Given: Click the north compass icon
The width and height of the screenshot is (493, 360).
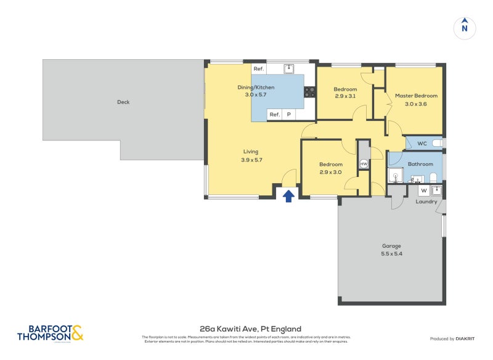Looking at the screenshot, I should (x=465, y=28).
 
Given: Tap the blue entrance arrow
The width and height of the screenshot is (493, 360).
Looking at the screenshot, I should (x=288, y=196).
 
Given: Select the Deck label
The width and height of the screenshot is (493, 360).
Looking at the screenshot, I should (x=123, y=102).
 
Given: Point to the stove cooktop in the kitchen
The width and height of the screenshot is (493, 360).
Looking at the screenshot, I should (x=310, y=92).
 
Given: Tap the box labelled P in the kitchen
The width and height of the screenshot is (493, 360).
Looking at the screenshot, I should (x=288, y=115).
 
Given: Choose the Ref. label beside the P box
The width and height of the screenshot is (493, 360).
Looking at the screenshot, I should (x=274, y=115).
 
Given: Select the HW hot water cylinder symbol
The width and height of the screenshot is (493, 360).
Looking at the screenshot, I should (x=364, y=164).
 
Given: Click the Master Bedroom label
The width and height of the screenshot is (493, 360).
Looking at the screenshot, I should (x=416, y=96).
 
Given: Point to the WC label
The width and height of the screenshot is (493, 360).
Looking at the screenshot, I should (x=422, y=144).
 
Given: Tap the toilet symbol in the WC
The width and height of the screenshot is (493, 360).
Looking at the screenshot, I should (x=436, y=143).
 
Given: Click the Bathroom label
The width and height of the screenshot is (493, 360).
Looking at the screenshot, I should (x=420, y=164).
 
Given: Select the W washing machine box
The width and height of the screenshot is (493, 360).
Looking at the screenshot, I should (x=423, y=190).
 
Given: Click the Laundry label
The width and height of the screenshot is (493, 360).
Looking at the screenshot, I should (x=426, y=202).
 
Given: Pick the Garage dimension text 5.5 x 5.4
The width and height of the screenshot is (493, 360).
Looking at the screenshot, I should (x=392, y=253).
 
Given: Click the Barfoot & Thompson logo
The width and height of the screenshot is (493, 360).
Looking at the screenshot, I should (x=50, y=333).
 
